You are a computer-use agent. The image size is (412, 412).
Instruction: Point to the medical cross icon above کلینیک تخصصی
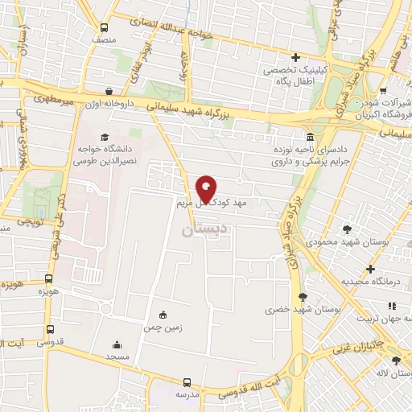coord(296,57)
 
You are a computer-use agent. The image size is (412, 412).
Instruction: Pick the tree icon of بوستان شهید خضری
coord(303,296)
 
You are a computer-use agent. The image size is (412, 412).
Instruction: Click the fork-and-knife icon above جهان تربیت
coord(393,305)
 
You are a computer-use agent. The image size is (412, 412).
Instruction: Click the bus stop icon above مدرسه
coord(187,382)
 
